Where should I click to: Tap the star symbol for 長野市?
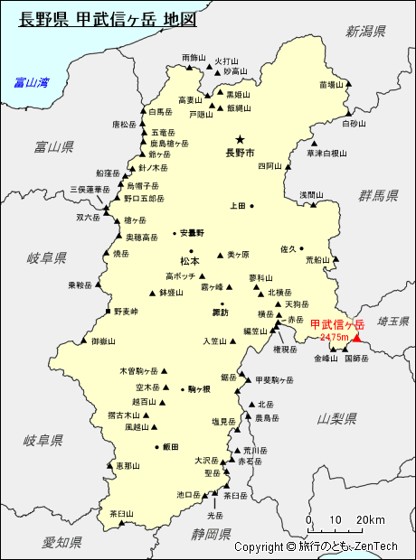coord(240,139)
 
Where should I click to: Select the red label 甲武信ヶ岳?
coord(337,324)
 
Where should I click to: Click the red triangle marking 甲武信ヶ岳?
coord(355,339)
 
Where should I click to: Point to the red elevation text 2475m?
coord(335,337)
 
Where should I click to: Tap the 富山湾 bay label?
coord(31,82)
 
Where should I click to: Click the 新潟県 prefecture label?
coord(365,32)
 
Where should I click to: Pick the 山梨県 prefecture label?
coord(337,418)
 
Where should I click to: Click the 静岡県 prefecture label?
coord(212,534)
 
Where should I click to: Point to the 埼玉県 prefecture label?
coord(394,321)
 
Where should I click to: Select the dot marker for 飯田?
coord(157,447)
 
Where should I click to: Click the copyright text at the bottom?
coord(316,546)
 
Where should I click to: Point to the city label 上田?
coord(237,206)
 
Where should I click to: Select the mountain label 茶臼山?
coord(121,513)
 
